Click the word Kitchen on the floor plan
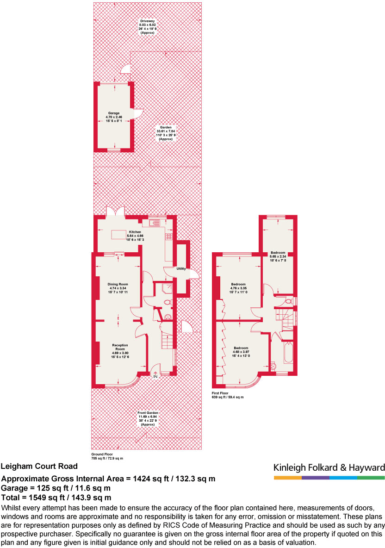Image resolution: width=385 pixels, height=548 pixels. (135, 232)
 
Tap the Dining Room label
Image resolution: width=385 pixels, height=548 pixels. (118, 284)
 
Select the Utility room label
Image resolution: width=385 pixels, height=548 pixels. (181, 269)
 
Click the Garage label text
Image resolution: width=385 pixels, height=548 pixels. (114, 113)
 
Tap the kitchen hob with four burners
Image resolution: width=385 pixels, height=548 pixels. (168, 237)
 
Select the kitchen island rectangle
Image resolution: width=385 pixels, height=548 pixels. (119, 235)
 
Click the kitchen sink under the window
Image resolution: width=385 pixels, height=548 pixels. (154, 224)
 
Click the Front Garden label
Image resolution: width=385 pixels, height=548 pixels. (148, 412)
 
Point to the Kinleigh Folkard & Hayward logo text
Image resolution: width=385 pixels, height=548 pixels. (329, 467)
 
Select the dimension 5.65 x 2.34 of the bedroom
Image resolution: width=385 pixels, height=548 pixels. (278, 257)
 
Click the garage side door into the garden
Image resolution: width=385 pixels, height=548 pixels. (138, 113)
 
